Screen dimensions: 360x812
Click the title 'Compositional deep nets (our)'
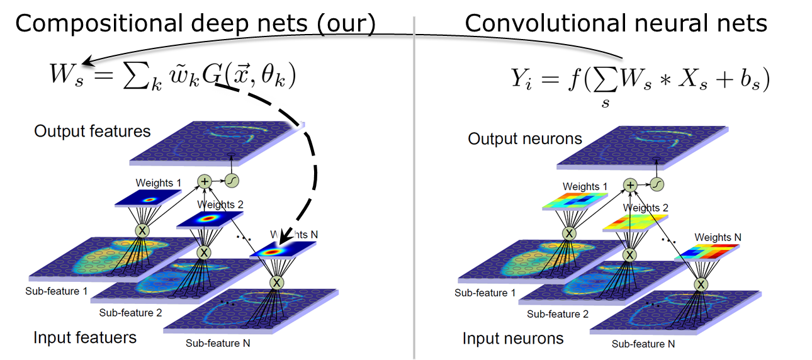[x=195, y=23]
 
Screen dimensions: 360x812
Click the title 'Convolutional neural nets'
[x=616, y=23]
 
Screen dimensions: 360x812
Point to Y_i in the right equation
[x=523, y=80]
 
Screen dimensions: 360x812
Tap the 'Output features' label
[x=93, y=131]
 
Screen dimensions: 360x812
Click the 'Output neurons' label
[x=525, y=138]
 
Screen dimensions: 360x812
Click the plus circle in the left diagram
[x=205, y=181]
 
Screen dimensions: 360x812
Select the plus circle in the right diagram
[x=631, y=184]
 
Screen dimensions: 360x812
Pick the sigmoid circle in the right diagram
[x=657, y=184]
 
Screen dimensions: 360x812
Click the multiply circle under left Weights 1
[x=143, y=230]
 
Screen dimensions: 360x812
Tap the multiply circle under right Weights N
[x=701, y=284]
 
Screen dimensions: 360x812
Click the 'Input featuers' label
[x=85, y=337]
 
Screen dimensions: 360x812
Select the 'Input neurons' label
[x=513, y=339]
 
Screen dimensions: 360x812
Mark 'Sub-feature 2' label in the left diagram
[x=130, y=313]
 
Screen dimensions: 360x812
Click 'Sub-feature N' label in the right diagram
[x=643, y=344]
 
